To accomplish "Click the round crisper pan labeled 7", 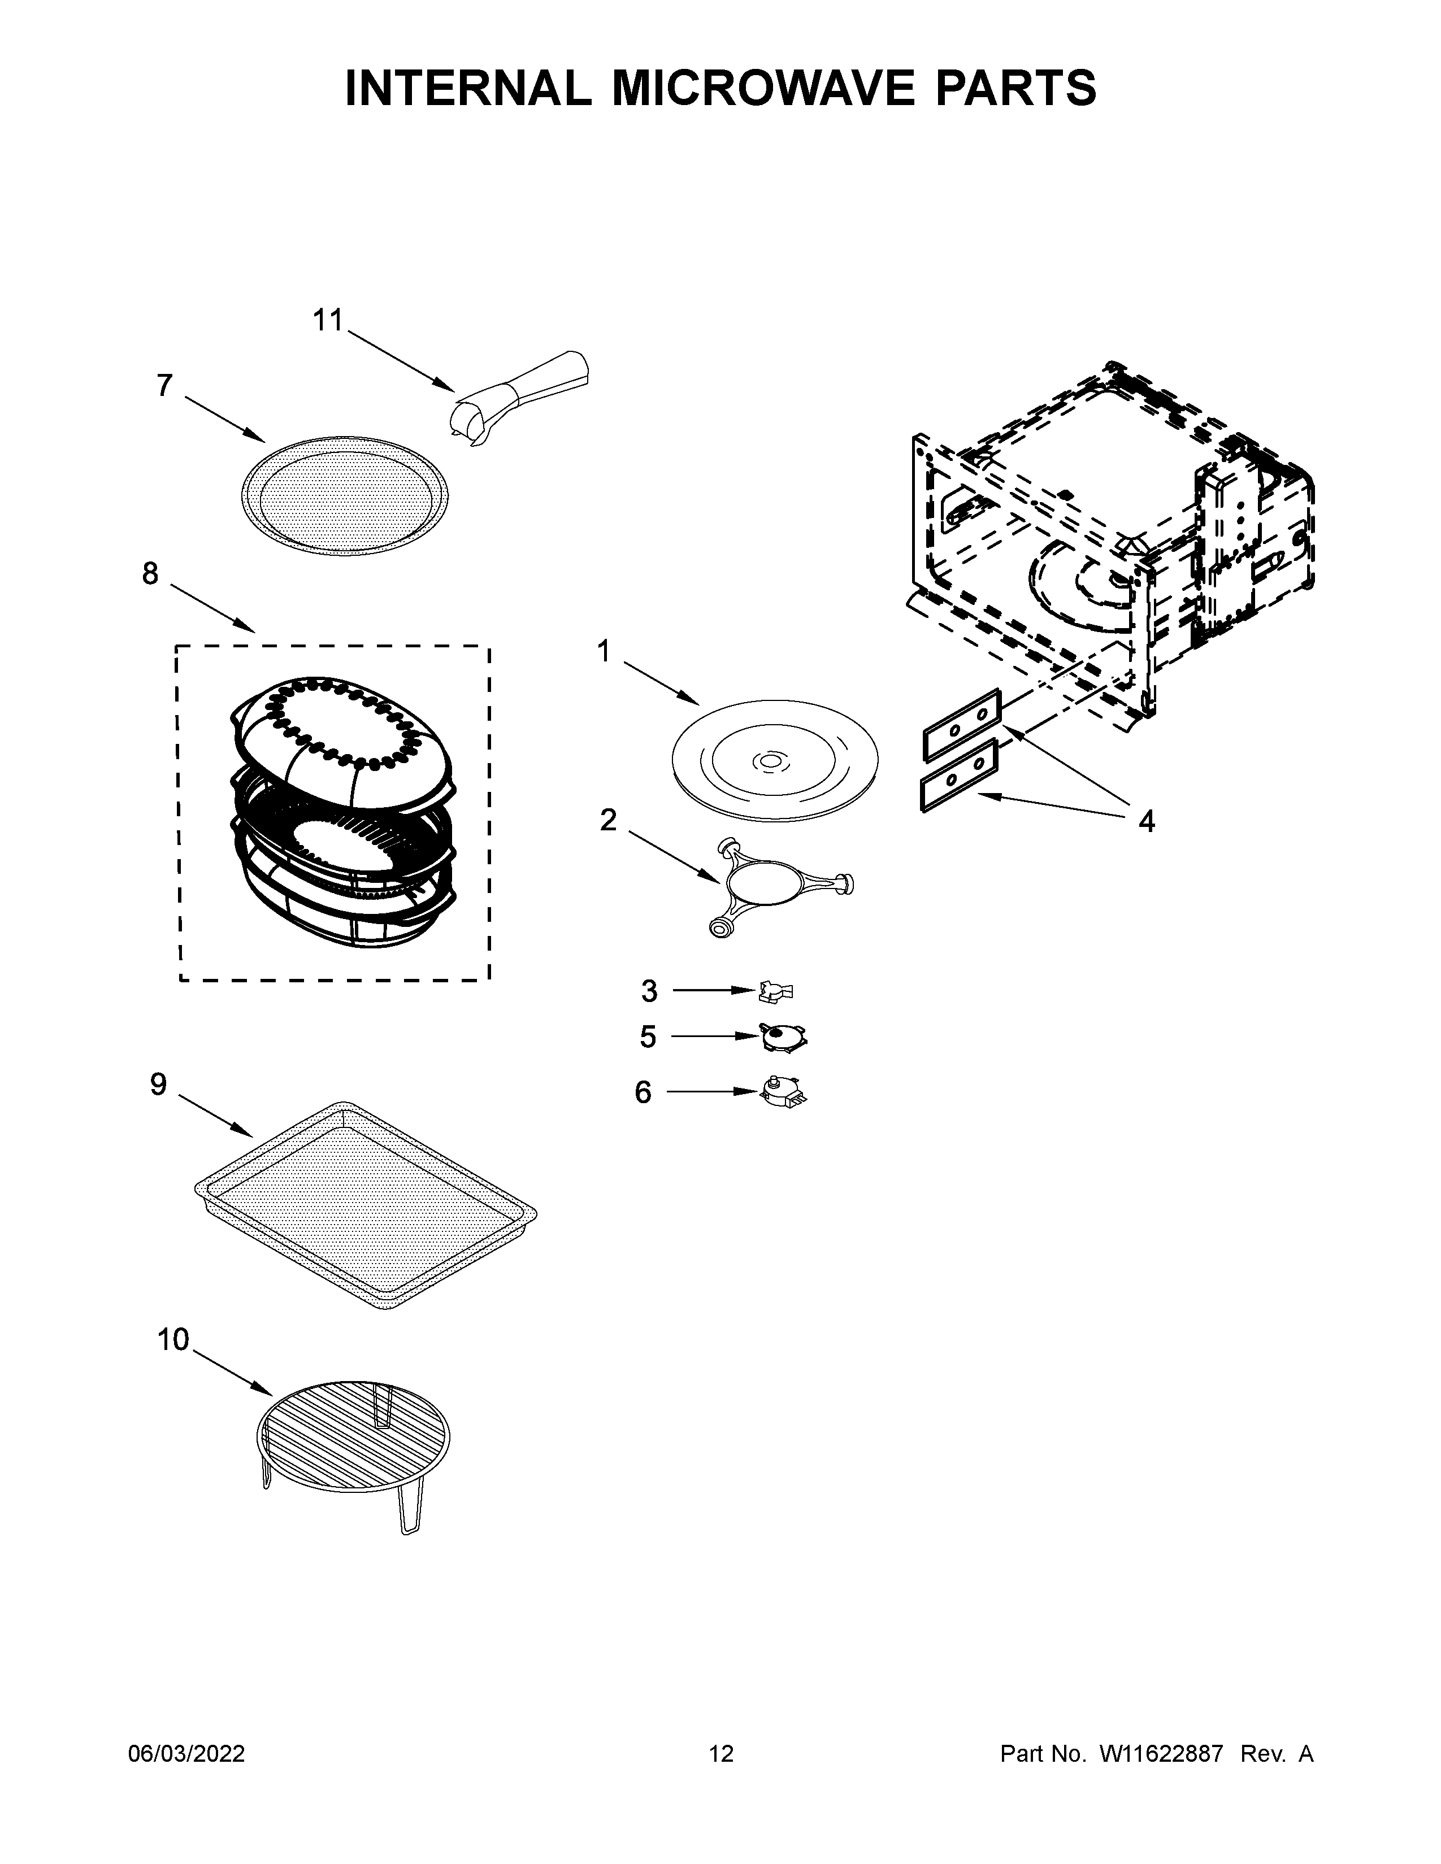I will (x=344, y=495).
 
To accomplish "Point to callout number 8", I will (x=150, y=573).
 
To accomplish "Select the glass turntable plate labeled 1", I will (x=774, y=761).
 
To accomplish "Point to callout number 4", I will (x=1147, y=821).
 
